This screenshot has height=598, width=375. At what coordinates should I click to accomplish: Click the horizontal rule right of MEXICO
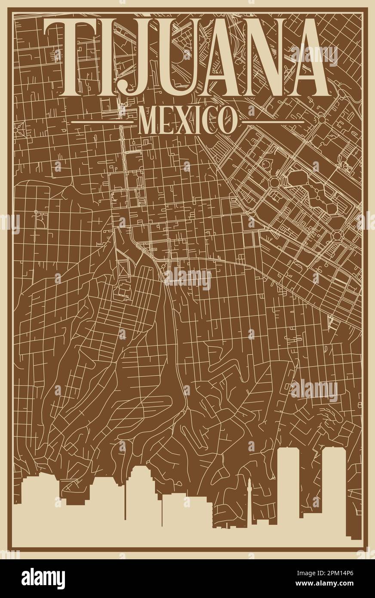(x=273, y=122)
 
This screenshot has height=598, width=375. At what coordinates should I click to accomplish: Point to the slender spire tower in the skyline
(x=249, y=495)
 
